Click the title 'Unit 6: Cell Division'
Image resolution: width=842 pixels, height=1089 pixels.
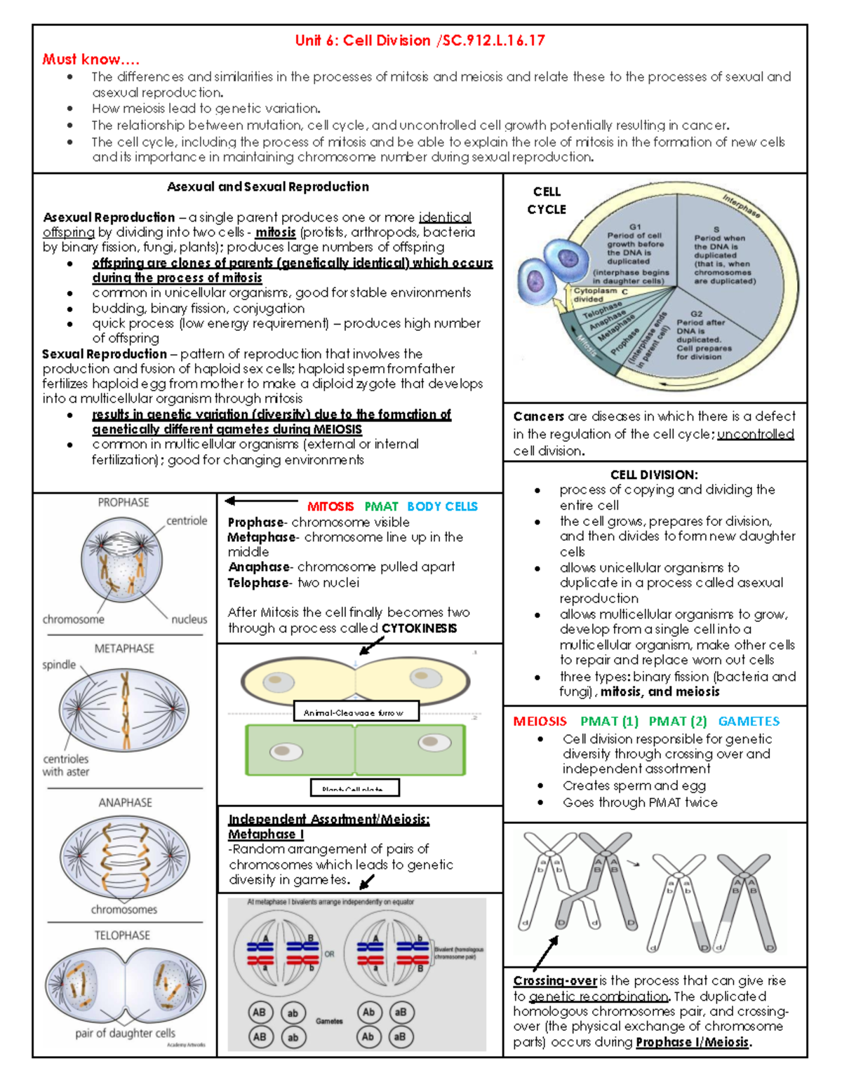pyautogui.click(x=363, y=41)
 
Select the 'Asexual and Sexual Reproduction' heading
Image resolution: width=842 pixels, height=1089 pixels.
pyautogui.click(x=267, y=187)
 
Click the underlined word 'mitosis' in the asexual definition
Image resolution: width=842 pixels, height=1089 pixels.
pyautogui.click(x=275, y=233)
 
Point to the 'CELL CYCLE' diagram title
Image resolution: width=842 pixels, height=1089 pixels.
pyautogui.click(x=546, y=201)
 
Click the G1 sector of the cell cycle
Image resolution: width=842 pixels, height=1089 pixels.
pyautogui.click(x=634, y=252)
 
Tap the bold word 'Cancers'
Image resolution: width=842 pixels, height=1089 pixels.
pyautogui.click(x=538, y=417)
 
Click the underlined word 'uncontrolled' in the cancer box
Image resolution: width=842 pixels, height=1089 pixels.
pyautogui.click(x=755, y=434)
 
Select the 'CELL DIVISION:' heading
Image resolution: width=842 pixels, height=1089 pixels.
pyautogui.click(x=653, y=475)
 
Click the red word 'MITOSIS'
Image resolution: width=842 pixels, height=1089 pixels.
pyautogui.click(x=330, y=506)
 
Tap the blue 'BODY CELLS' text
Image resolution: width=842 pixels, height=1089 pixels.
pyautogui.click(x=442, y=506)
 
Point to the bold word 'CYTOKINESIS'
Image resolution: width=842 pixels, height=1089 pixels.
pyautogui.click(x=419, y=628)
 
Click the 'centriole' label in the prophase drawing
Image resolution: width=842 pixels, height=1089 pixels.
pyautogui.click(x=187, y=521)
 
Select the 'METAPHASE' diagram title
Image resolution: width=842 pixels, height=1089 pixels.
pyautogui.click(x=124, y=649)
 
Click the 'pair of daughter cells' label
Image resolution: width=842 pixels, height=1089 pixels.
pyautogui.click(x=125, y=1033)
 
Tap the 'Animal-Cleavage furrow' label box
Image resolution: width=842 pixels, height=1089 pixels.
pyautogui.click(x=356, y=712)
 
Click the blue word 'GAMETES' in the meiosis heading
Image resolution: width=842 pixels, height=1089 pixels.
pyautogui.click(x=749, y=722)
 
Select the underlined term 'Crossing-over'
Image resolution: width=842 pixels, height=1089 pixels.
pyautogui.click(x=554, y=981)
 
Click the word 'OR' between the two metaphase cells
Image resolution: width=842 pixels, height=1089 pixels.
pyautogui.click(x=329, y=954)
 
